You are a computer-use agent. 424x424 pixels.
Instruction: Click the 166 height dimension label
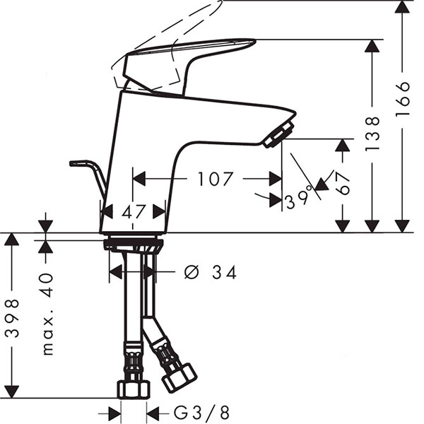click(x=403, y=99)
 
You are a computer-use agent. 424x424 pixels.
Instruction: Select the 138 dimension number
click(x=372, y=134)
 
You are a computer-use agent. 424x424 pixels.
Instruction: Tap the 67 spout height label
click(x=343, y=183)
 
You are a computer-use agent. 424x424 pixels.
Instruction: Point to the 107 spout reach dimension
click(x=216, y=179)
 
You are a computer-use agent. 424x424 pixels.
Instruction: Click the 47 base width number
click(x=134, y=211)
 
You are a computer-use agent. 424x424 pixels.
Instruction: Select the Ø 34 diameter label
click(x=211, y=272)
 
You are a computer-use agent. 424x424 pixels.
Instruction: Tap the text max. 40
click(x=48, y=314)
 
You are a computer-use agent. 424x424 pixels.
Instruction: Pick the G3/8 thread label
click(x=201, y=413)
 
